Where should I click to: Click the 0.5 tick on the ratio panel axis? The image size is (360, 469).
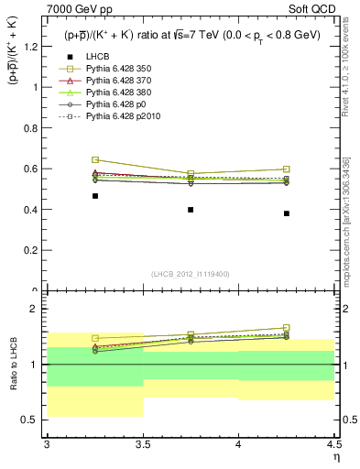click(34, 420)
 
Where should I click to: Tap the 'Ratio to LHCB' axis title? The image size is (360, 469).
click(13, 366)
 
